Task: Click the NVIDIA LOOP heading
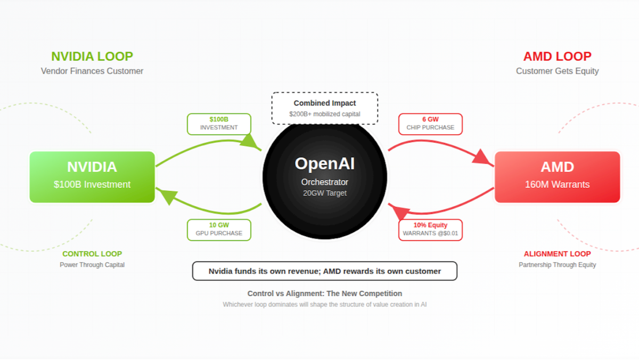pos(92,56)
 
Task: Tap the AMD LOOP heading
pos(557,56)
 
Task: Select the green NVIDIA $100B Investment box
pos(92,177)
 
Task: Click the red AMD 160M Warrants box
pos(557,177)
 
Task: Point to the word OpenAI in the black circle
pos(324,163)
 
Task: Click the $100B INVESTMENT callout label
pos(219,124)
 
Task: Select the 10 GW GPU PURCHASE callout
pos(219,229)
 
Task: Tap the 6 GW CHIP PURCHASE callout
pos(430,124)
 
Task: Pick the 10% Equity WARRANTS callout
pos(430,229)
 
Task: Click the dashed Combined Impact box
pos(324,108)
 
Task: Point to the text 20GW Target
pos(324,193)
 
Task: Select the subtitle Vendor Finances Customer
pos(92,71)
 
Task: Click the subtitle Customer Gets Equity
pos(557,71)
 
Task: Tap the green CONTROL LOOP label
pos(92,254)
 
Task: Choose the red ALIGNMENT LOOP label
pos(557,254)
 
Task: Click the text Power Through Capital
pos(92,265)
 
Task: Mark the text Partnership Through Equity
pos(557,265)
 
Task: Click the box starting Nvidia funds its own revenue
pos(324,271)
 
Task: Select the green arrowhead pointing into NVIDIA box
pos(165,196)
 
